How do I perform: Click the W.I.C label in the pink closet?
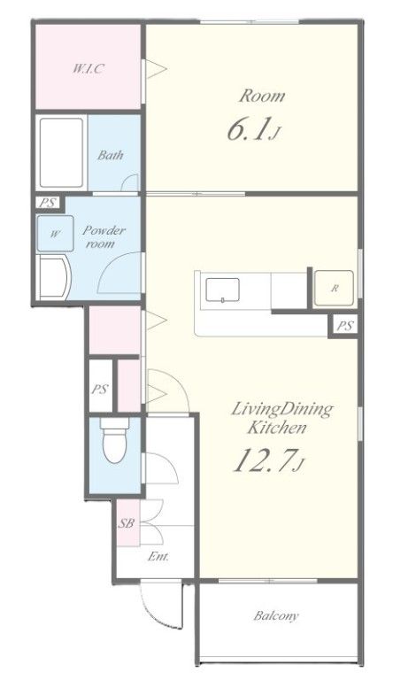point(89,68)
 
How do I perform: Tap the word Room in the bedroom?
point(262,96)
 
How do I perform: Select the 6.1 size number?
point(246,129)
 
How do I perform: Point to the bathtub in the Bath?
point(61,152)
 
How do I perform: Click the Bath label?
point(110,155)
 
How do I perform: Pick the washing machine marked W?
point(55,234)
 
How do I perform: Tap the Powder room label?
point(104,236)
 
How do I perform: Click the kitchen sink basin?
point(222,290)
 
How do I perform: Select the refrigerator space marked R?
point(334,288)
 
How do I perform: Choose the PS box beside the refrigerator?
point(345,326)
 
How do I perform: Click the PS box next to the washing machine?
point(48,203)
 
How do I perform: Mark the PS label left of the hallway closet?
point(100,389)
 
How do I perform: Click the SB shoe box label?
point(127,523)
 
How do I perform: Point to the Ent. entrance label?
point(158,556)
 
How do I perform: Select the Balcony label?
point(276,615)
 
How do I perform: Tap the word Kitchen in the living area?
point(277,428)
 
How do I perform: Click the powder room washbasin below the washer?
point(54,277)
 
